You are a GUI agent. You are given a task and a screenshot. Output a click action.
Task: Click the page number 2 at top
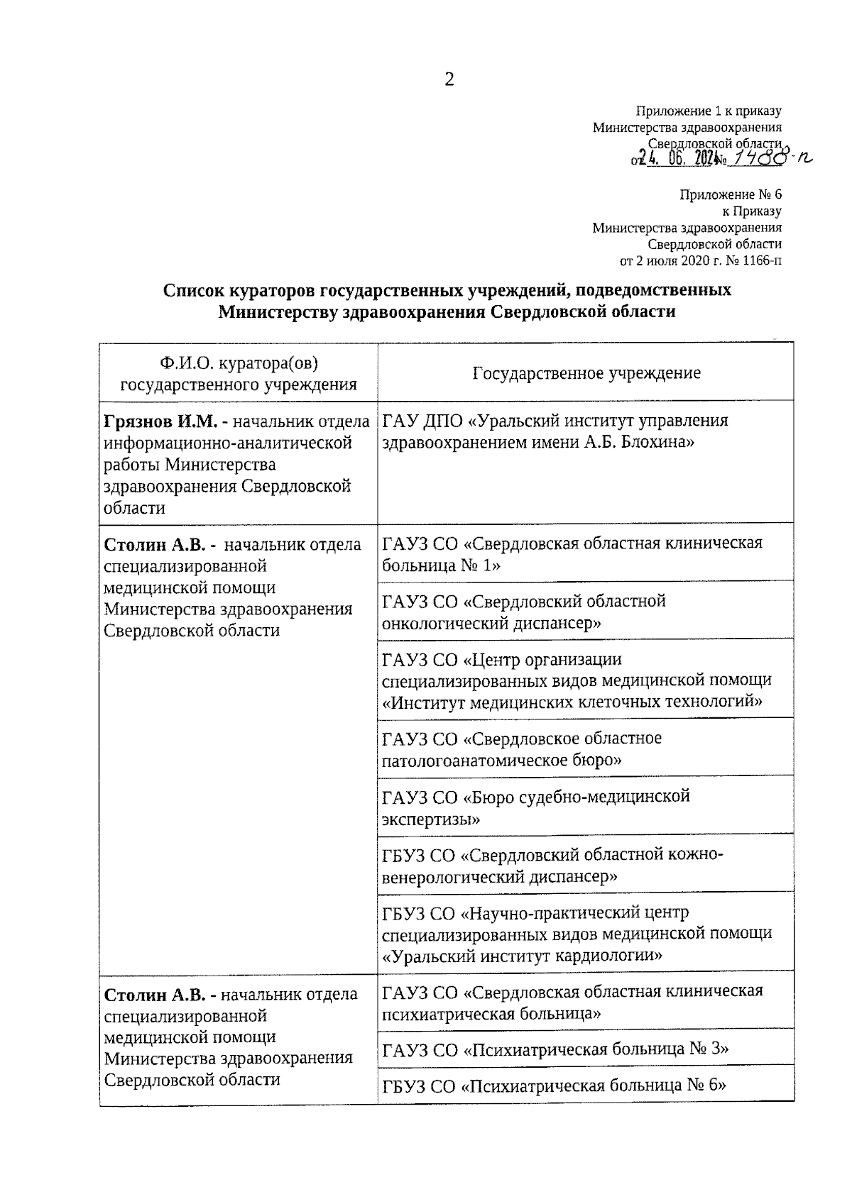pyautogui.click(x=449, y=79)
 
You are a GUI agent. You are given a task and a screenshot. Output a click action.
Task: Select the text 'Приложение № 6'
pyautogui.click(x=730, y=194)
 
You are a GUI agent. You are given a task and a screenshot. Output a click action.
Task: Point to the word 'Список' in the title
pyautogui.click(x=193, y=290)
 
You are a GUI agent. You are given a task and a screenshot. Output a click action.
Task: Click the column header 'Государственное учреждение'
pyautogui.click(x=586, y=373)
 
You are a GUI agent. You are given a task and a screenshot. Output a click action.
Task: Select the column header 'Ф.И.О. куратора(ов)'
pyautogui.click(x=239, y=364)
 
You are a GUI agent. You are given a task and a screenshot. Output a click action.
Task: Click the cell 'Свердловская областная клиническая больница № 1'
pyautogui.click(x=586, y=553)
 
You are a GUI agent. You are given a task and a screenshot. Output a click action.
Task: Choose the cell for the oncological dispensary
pyautogui.click(x=586, y=612)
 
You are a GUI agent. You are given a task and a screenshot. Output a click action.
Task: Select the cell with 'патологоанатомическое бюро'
pyautogui.click(x=586, y=749)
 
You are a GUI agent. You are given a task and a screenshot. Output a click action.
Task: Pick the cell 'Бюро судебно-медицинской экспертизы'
pyautogui.click(x=586, y=807)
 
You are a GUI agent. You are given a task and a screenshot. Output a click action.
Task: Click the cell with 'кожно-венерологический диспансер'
pyautogui.click(x=586, y=865)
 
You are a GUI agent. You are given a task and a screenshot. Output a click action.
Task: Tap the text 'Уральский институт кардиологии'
pyautogui.click(x=523, y=955)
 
